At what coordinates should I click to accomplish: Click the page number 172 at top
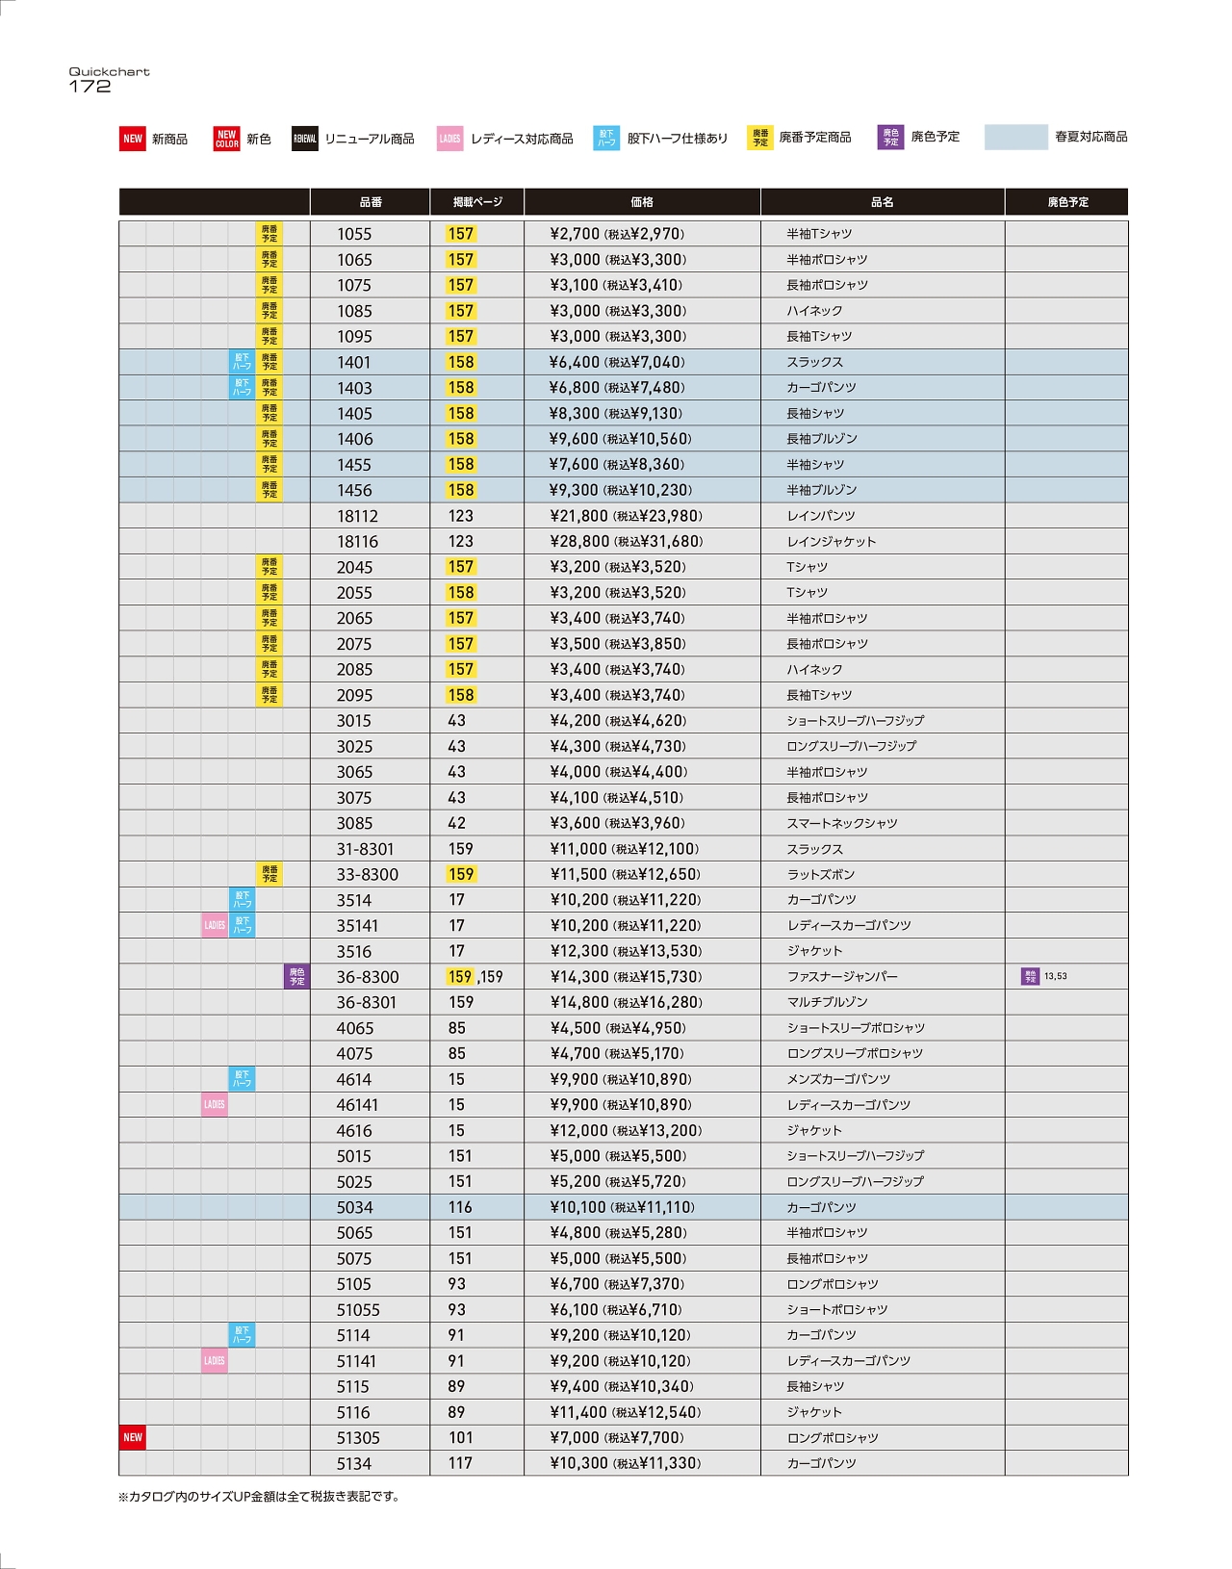click(x=90, y=87)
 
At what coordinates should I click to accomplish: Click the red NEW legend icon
click(x=132, y=139)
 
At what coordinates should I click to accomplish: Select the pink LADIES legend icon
click(x=449, y=139)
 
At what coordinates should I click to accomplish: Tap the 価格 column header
click(x=642, y=202)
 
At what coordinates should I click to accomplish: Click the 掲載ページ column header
click(x=477, y=202)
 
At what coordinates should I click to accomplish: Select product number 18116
click(x=357, y=542)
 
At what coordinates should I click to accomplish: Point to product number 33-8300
click(x=367, y=875)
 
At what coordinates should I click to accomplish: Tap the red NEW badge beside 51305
click(x=133, y=1438)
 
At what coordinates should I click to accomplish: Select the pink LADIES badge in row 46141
click(x=215, y=1105)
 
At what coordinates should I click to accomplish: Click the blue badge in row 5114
click(x=242, y=1335)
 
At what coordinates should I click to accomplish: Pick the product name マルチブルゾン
click(x=827, y=1002)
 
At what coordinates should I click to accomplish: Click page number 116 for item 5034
click(x=460, y=1207)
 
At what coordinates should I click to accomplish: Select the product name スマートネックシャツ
click(x=842, y=823)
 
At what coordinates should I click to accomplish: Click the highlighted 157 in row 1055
click(x=460, y=234)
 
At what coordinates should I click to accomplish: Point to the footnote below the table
click(x=258, y=1497)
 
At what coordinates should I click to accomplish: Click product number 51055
click(x=358, y=1310)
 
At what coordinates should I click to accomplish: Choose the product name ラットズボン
click(x=821, y=875)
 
